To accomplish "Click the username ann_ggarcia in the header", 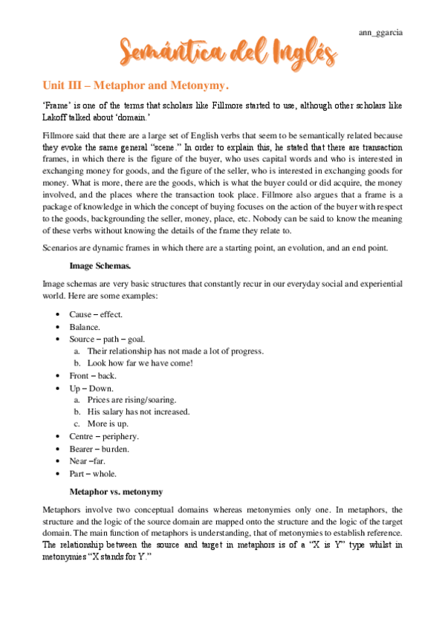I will coord(381,33).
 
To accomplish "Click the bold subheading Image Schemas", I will coord(98,264).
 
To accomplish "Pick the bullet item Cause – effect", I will coord(96,315).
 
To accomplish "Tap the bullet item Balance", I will coord(85,327).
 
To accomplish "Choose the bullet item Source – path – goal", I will coord(107,339).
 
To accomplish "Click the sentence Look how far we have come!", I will coord(140,363).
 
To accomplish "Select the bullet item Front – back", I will coord(93,375).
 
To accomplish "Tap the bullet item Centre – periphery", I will coord(104,436).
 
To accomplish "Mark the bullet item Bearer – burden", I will coord(99,449).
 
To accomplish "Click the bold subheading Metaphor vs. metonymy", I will coord(116,492).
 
